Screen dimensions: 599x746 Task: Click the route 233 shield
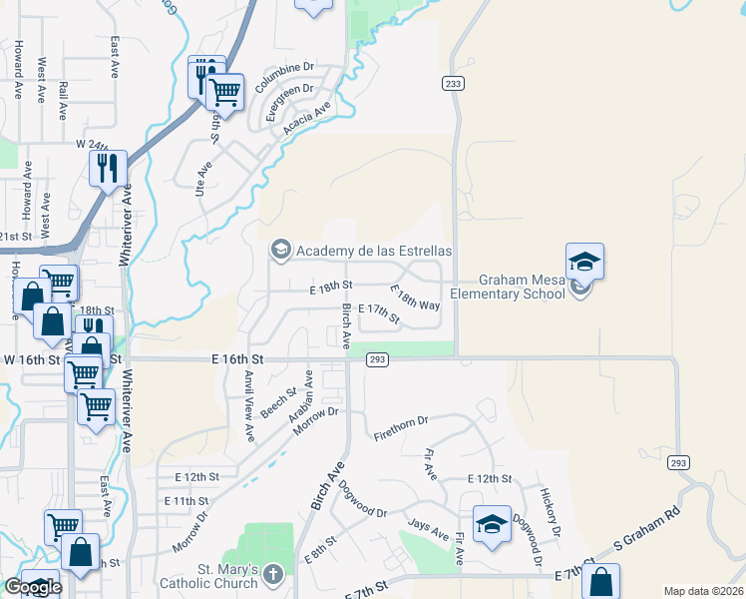click(454, 85)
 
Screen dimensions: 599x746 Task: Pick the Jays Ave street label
click(426, 529)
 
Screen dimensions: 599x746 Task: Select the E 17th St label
click(378, 315)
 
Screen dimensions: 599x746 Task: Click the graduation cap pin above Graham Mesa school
click(584, 263)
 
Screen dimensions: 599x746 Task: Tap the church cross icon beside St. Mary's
click(274, 575)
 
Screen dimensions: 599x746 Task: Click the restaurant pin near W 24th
click(109, 168)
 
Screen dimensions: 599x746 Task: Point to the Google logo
click(33, 588)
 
